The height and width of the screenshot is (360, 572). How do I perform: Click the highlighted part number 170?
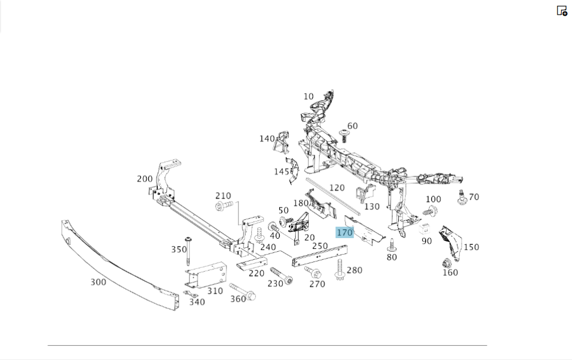tap(344, 232)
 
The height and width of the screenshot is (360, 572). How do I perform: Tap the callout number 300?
tap(98, 282)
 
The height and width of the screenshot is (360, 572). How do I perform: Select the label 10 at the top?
tap(309, 96)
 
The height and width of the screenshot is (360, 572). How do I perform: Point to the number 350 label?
tap(179, 250)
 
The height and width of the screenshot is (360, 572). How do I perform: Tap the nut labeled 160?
tap(446, 264)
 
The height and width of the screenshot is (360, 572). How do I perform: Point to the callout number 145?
tap(281, 171)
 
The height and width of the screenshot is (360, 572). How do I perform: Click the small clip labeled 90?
tap(425, 229)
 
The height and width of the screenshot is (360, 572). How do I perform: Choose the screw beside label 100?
tap(430, 212)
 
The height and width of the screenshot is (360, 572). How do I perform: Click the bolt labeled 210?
tap(223, 205)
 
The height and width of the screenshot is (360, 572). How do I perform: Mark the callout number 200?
tap(145, 179)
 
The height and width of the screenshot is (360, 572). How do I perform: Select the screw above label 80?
tap(391, 244)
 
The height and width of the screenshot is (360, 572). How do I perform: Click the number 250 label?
tap(320, 246)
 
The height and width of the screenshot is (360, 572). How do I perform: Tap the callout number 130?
tap(372, 207)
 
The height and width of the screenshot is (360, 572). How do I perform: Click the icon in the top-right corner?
tap(562, 10)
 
